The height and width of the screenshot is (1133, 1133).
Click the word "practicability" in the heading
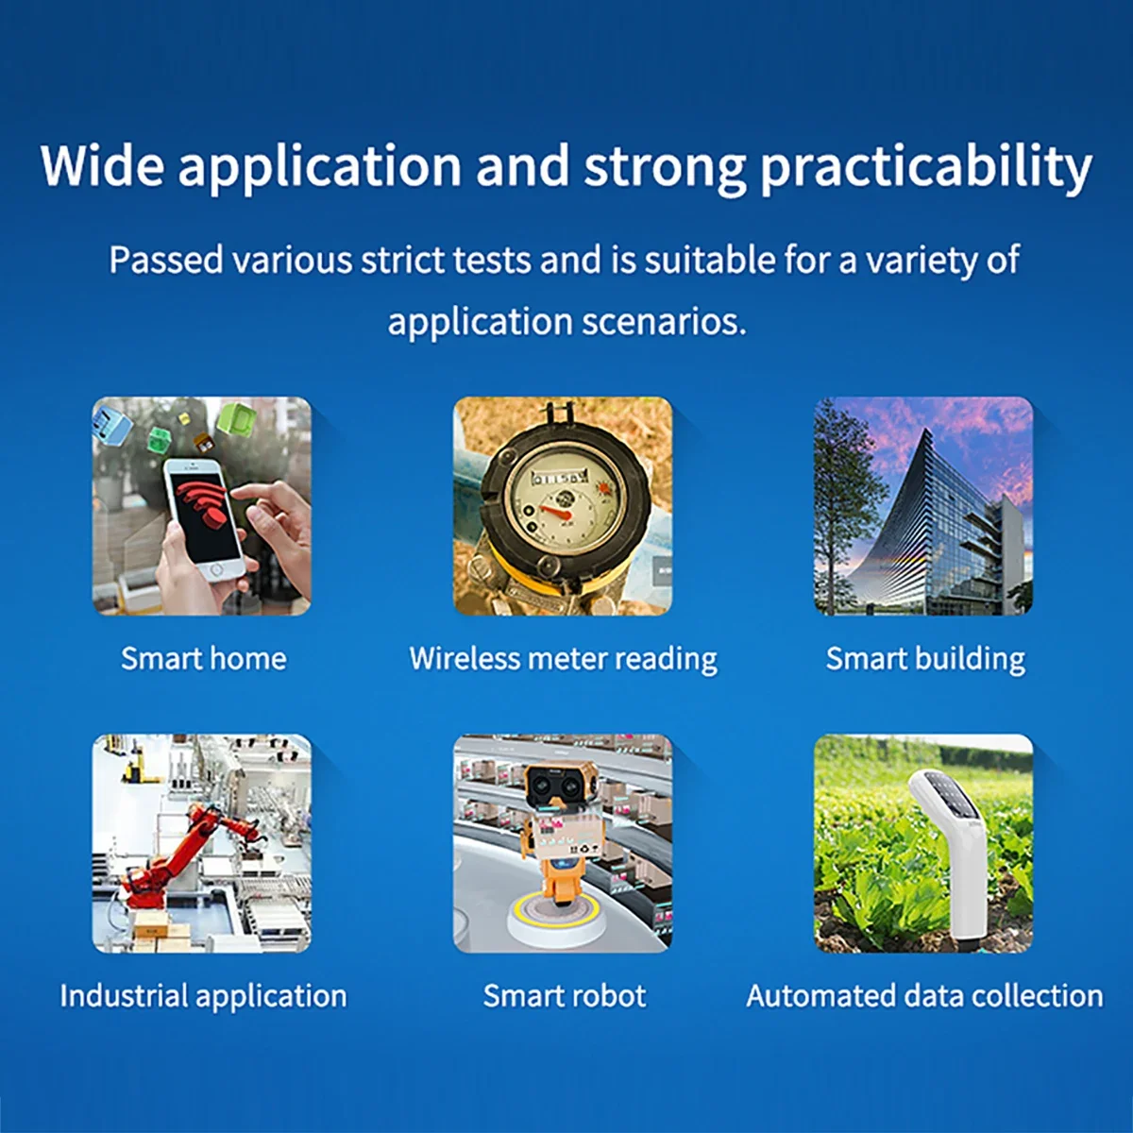[x=926, y=167]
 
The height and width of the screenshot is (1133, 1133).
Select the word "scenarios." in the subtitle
[x=665, y=322]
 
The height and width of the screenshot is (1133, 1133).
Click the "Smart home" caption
[x=203, y=658]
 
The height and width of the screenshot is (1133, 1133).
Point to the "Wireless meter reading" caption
[x=564, y=659]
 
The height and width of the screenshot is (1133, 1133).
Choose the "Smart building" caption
[x=925, y=659]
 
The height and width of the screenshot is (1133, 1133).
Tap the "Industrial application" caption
[x=203, y=996]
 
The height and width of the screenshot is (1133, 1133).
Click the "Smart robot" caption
[x=565, y=995]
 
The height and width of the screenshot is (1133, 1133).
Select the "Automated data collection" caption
[x=924, y=996]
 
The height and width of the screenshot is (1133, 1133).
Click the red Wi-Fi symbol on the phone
[x=205, y=506]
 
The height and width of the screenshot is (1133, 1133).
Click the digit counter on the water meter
[x=560, y=477]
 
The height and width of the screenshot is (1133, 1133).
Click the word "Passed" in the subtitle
[x=166, y=260]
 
